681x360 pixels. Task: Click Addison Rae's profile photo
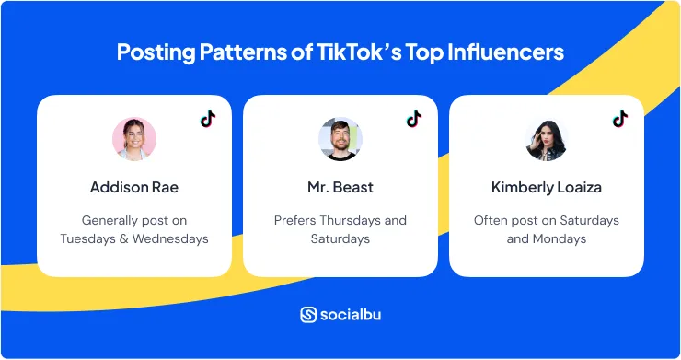(x=134, y=139)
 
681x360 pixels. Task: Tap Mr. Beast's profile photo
(x=340, y=139)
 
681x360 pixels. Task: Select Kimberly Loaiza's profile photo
(x=547, y=139)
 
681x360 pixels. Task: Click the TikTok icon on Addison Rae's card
(x=208, y=119)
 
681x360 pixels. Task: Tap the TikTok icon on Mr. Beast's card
(x=414, y=119)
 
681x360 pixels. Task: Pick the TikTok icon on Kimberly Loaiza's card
(x=620, y=119)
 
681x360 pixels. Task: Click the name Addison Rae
(x=134, y=187)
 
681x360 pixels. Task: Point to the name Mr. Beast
(x=340, y=187)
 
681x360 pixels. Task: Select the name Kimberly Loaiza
(x=547, y=187)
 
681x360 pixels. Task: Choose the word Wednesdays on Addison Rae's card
(x=170, y=238)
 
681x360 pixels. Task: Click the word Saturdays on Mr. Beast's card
(x=340, y=238)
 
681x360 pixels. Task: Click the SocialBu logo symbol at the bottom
(x=308, y=315)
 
